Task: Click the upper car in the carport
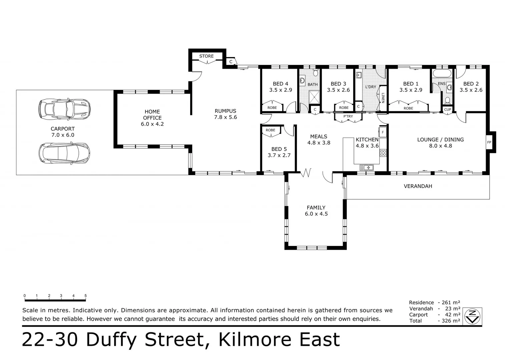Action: pos(64,109)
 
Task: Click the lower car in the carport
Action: pos(64,153)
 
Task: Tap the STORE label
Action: pos(206,56)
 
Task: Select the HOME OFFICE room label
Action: pos(152,118)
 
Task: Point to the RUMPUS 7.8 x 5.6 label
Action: pos(225,114)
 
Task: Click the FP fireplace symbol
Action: pos(489,142)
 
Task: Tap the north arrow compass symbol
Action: pos(472,316)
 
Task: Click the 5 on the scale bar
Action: pos(86,296)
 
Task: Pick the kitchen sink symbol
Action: pos(366,167)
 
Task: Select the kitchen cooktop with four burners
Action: pos(383,153)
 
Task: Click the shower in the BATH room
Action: pos(314,97)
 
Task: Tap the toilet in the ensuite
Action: pos(448,100)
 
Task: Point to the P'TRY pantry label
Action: pos(348,116)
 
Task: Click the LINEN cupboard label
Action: pos(383,98)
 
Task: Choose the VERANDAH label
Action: pos(418,186)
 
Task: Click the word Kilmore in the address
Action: pos(256,340)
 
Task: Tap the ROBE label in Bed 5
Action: pos(271,130)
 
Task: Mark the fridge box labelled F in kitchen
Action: pos(383,132)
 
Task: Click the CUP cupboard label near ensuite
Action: pos(448,109)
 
